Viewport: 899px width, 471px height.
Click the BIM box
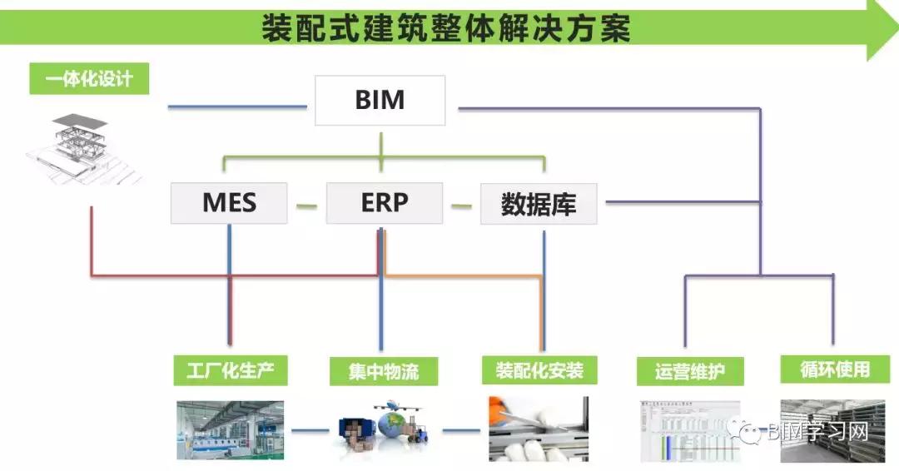[380, 101]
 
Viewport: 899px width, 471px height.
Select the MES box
[229, 203]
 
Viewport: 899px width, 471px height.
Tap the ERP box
[384, 203]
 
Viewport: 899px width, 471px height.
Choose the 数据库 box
[539, 204]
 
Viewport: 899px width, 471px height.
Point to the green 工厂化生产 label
[231, 369]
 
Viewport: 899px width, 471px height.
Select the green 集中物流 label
[384, 370]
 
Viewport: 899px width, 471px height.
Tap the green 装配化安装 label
[539, 369]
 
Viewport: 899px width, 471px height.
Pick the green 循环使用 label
[834, 369]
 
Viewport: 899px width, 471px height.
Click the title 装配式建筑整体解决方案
[446, 30]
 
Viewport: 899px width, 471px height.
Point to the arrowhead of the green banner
[881, 30]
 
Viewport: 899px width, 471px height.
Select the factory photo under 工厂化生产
[230, 430]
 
